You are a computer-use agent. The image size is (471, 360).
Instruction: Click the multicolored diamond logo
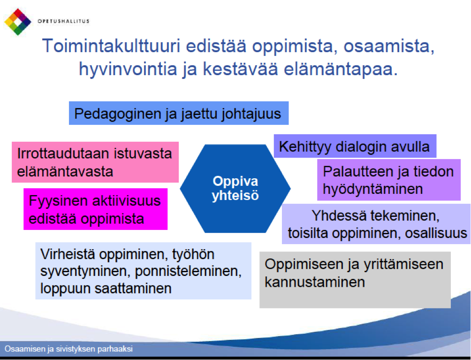coord(18,22)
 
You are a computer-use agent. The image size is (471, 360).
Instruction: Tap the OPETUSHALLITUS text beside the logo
coord(63,21)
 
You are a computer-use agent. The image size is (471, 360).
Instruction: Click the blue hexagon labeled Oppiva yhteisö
coord(235,188)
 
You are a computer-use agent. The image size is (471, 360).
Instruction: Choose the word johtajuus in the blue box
coord(251,114)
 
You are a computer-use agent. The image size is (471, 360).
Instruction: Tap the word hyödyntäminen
coord(373,189)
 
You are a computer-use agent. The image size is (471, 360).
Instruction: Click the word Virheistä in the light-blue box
coord(68,254)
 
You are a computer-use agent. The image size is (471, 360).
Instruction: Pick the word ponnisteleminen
coord(188,271)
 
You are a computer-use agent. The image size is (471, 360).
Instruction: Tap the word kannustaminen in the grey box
coord(315,282)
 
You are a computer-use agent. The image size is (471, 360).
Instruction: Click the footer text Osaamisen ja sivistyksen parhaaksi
coord(69,349)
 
